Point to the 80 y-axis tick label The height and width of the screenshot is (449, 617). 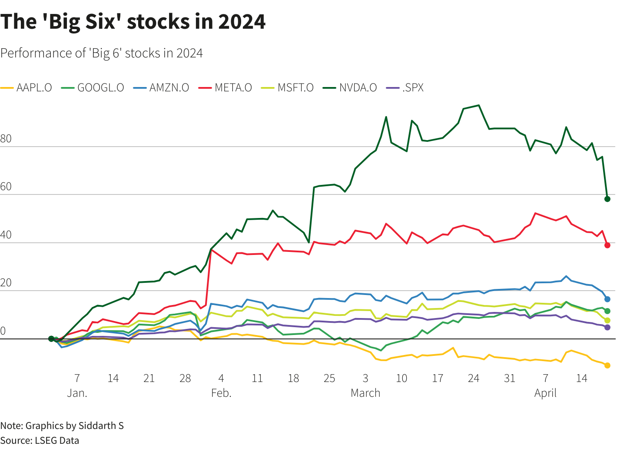[x=6, y=139]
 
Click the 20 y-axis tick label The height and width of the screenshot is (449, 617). [x=6, y=283]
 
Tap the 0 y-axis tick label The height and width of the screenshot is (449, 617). [x=3, y=331]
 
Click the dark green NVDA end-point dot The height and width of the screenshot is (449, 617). [x=607, y=199]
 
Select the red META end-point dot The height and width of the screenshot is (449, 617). [x=607, y=245]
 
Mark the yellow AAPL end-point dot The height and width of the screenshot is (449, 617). [x=607, y=365]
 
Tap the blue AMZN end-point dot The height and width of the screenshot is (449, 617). [x=607, y=299]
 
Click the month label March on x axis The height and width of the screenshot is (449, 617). [x=365, y=393]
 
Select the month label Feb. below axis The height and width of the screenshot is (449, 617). [x=221, y=393]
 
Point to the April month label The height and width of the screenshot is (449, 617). [x=545, y=393]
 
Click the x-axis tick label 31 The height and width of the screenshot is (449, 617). [x=510, y=379]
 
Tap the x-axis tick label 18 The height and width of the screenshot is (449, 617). [x=293, y=379]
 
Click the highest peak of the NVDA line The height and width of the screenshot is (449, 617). [x=478, y=105]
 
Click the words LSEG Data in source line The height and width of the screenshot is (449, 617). [x=57, y=440]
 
